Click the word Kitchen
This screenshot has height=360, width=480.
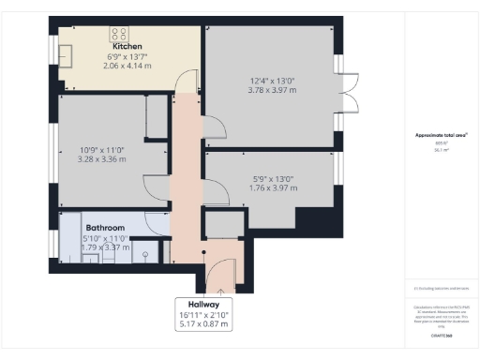[x=127, y=46]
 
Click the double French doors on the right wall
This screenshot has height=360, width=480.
[x=349, y=91]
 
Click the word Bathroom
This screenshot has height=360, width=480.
[x=106, y=227]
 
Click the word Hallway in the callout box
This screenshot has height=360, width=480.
[x=203, y=303]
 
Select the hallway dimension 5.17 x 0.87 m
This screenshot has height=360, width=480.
[x=203, y=324]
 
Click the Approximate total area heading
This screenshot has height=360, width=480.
[x=441, y=135]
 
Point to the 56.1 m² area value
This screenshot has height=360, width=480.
[x=439, y=149]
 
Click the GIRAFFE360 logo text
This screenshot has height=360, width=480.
[x=441, y=334]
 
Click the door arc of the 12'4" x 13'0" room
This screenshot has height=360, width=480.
[x=212, y=126]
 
